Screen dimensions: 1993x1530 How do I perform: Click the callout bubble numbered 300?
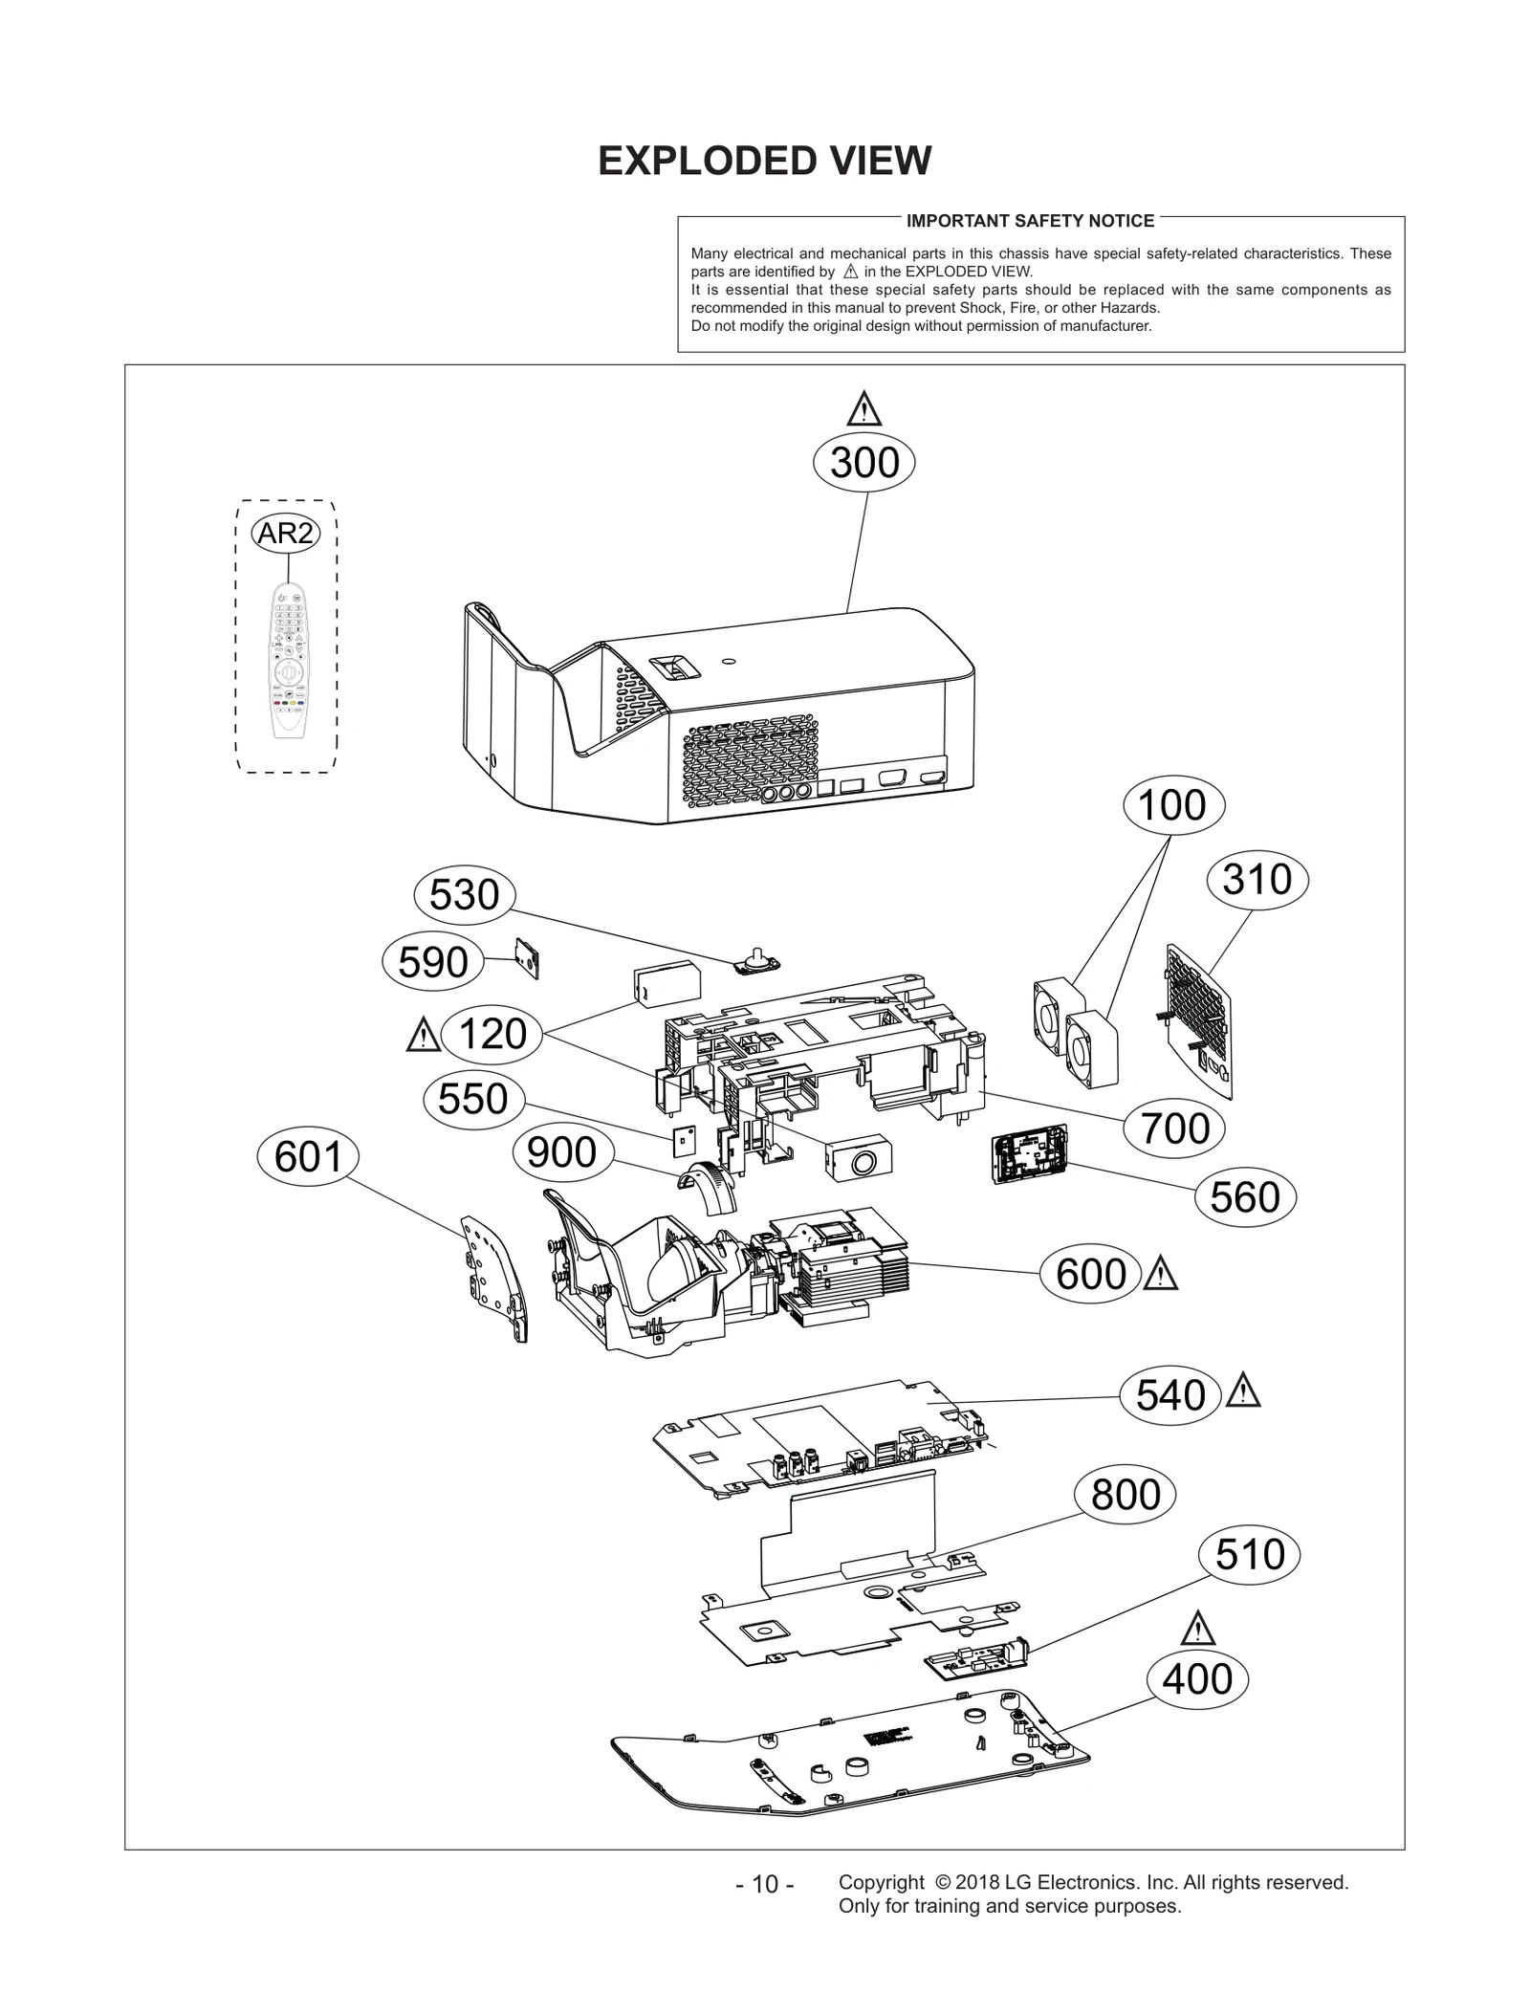[x=863, y=463]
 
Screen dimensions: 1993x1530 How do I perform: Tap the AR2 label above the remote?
[x=285, y=533]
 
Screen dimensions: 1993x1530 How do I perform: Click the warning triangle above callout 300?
[x=863, y=409]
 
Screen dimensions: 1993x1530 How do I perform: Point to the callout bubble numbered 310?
[x=1257, y=880]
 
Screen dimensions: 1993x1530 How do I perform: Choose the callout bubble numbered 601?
[x=308, y=1157]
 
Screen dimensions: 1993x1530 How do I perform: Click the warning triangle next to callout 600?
[x=1160, y=1274]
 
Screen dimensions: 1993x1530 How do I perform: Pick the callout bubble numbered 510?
[x=1249, y=1554]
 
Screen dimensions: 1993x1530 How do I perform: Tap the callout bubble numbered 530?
[x=464, y=895]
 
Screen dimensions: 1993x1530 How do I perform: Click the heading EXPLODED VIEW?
[x=764, y=161]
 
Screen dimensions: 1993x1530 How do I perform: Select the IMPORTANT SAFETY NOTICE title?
[x=1030, y=221]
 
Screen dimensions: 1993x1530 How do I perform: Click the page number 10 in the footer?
[x=764, y=1884]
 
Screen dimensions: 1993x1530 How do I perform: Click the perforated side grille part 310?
[x=1198, y=1019]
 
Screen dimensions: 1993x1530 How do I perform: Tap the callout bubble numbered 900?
[x=561, y=1152]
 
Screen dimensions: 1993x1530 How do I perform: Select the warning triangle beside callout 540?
[x=1243, y=1391]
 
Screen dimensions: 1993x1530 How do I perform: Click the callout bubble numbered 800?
[x=1126, y=1494]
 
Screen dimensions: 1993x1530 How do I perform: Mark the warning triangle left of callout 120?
[x=422, y=1036]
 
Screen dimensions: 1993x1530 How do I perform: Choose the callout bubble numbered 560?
[x=1244, y=1197]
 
